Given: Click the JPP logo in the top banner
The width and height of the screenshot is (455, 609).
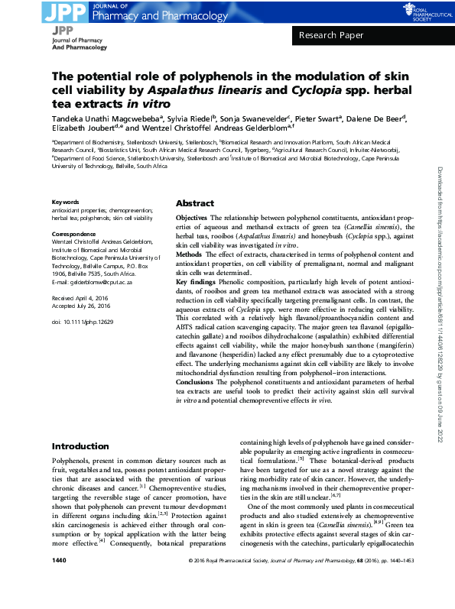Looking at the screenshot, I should pos(67,11).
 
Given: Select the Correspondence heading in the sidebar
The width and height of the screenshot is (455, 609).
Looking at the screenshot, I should pos(73,233).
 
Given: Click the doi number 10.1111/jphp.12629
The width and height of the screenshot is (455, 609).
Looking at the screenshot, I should pos(82,323).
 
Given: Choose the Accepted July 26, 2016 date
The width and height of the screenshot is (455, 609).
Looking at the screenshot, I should pos(81,306).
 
